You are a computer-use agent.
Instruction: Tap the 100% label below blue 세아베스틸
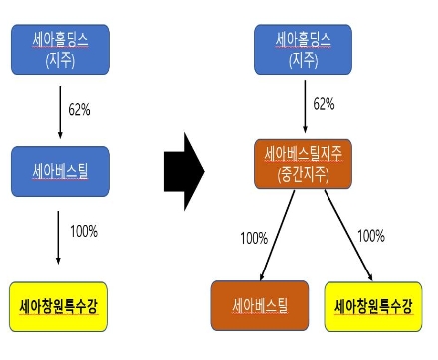(x=83, y=231)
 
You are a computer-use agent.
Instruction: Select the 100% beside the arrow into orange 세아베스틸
(x=253, y=238)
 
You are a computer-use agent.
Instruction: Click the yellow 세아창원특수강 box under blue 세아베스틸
(x=59, y=304)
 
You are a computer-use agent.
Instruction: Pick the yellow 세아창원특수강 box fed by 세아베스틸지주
(x=373, y=304)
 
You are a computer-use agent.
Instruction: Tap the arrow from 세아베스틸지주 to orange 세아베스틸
(x=277, y=235)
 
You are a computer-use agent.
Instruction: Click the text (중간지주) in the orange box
(x=303, y=177)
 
